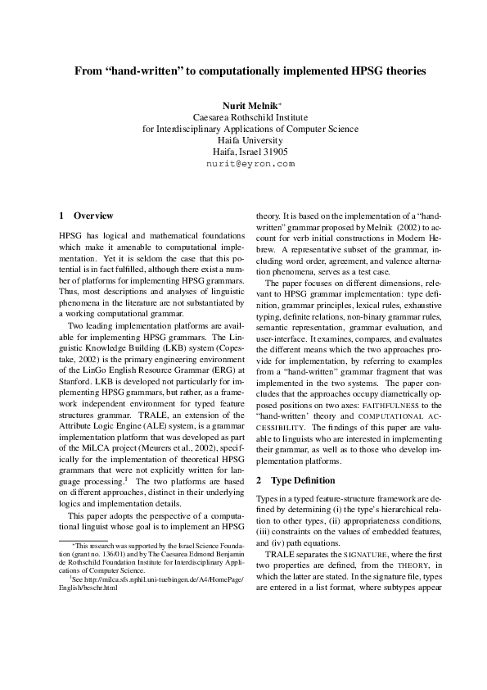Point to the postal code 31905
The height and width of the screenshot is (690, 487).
click(x=273, y=152)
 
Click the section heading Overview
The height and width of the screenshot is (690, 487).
click(x=93, y=216)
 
